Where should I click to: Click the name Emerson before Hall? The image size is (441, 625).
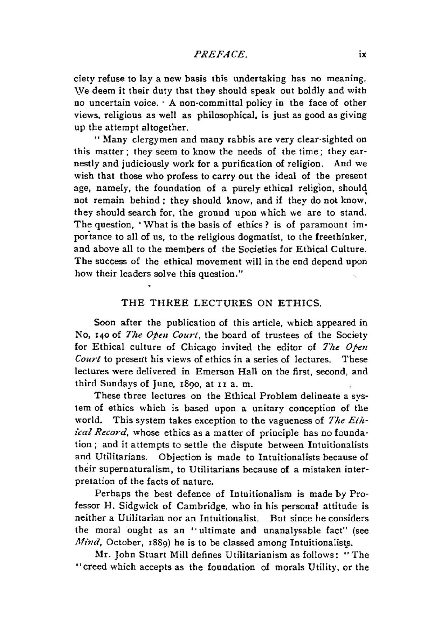click(216, 371)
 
